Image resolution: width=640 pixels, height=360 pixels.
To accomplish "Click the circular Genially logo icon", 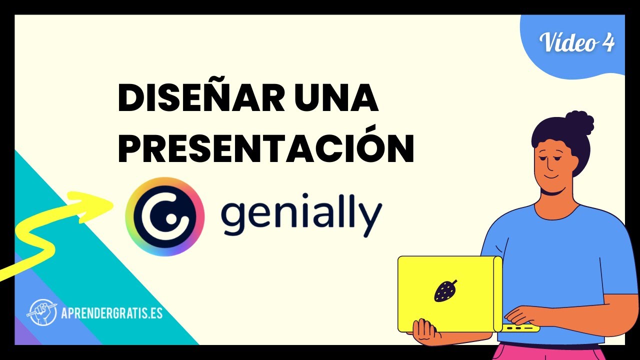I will [x=165, y=215].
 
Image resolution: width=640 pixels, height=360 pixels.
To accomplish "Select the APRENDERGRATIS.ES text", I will [x=112, y=313].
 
